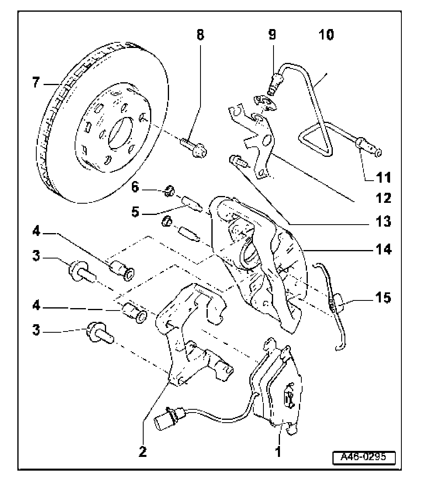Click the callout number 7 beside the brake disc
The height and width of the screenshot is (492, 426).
point(37,83)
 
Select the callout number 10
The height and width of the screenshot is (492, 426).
point(326,35)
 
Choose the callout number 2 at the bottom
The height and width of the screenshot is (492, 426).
point(142,452)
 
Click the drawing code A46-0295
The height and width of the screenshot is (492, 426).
point(363,457)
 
